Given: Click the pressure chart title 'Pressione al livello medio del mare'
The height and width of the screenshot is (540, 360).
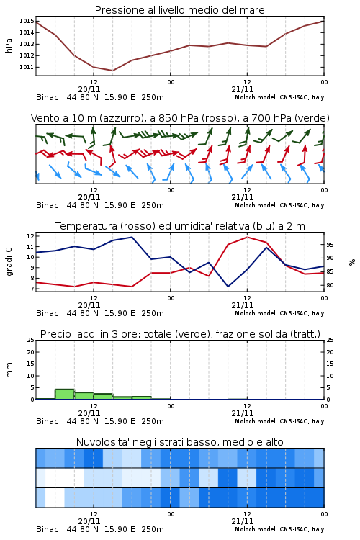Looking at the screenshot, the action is tap(179, 10).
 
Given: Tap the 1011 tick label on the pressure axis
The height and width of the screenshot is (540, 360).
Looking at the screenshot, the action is tap(27, 67).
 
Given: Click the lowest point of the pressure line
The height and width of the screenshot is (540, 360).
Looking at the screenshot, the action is tap(112, 71).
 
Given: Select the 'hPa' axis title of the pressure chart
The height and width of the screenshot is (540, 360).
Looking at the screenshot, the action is tap(9, 45).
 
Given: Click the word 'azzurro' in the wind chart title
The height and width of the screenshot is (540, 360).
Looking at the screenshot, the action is tap(120, 118).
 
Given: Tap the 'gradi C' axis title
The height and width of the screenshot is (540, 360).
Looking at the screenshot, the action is tap(9, 262).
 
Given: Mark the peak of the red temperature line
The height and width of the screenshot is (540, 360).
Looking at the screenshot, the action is tap(247, 237).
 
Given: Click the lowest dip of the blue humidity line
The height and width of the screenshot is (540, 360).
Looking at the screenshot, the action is tap(228, 287).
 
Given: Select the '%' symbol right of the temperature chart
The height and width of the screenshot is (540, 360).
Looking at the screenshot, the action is tap(352, 262).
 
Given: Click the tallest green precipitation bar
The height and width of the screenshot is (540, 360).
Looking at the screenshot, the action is tap(65, 395).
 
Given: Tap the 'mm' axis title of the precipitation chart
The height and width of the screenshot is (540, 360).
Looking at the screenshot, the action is tap(9, 370).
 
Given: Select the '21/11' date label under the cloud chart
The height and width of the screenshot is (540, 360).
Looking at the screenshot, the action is tap(243, 521).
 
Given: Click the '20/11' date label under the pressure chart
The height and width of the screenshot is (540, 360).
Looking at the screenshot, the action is tap(89, 89).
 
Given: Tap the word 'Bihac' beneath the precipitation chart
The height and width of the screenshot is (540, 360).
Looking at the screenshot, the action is tap(48, 421).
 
